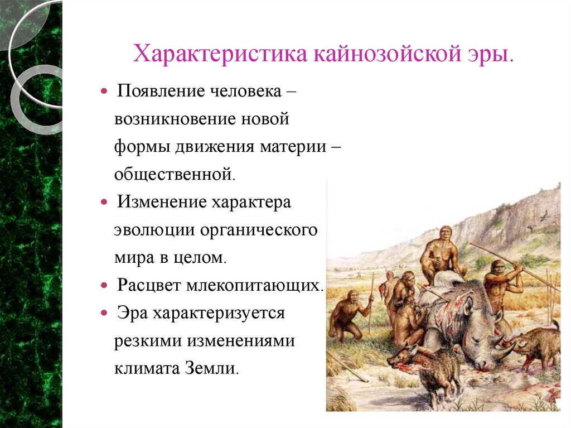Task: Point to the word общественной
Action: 175,174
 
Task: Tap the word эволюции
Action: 150,230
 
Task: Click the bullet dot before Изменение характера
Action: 105,201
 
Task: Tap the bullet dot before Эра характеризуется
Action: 105,313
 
